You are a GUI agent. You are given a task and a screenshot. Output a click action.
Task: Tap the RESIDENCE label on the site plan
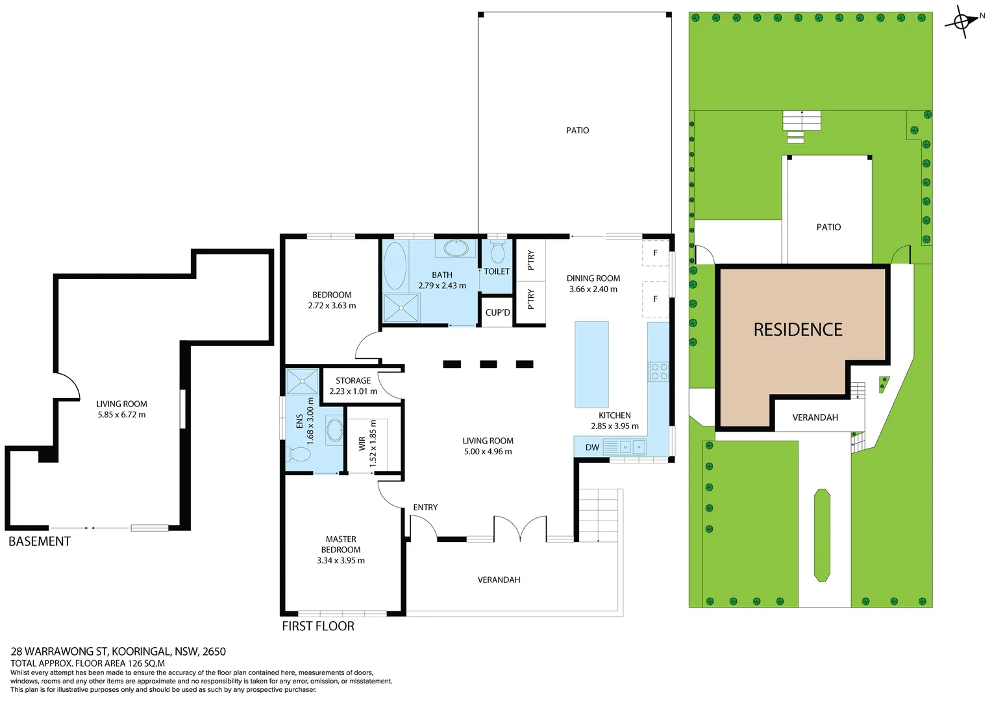pyautogui.click(x=797, y=330)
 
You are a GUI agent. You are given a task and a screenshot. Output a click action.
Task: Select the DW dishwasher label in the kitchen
pyautogui.click(x=592, y=447)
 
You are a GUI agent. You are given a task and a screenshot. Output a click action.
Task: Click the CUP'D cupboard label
pyautogui.click(x=497, y=312)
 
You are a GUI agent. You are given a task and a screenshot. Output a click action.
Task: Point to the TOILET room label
pyautogui.click(x=497, y=271)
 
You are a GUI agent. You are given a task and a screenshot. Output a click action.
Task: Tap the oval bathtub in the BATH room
pyautogui.click(x=395, y=265)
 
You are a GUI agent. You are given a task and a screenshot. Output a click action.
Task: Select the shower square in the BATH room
pyautogui.click(x=401, y=308)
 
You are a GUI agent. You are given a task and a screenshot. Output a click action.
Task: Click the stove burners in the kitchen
pyautogui.click(x=658, y=371)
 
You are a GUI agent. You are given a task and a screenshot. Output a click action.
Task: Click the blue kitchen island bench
pyautogui.click(x=591, y=364)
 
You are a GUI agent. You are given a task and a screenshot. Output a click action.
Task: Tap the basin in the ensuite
pyautogui.click(x=334, y=430)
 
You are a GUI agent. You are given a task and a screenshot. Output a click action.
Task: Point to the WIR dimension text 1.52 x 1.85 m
pyautogui.click(x=373, y=443)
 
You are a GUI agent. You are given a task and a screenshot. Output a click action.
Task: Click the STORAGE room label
pyautogui.click(x=353, y=380)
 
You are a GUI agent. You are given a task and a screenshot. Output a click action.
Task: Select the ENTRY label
pyautogui.click(x=425, y=507)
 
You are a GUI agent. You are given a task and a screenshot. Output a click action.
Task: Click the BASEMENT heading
pyautogui.click(x=40, y=541)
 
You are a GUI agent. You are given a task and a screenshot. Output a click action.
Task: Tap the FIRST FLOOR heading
pyautogui.click(x=318, y=626)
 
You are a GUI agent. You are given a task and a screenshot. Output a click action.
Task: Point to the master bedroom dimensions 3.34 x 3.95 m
pyautogui.click(x=341, y=560)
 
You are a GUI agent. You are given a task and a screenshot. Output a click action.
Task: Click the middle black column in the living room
pyautogui.click(x=488, y=364)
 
